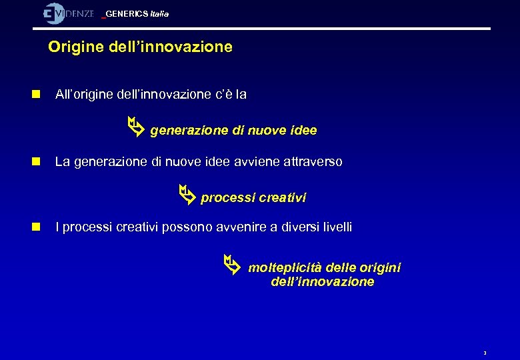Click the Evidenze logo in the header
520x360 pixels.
pyautogui.click(x=68, y=13)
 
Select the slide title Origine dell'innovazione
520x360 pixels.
pyautogui.click(x=140, y=47)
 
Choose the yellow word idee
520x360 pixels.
pyautogui.click(x=303, y=131)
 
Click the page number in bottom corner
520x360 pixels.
pyautogui.click(x=485, y=353)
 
